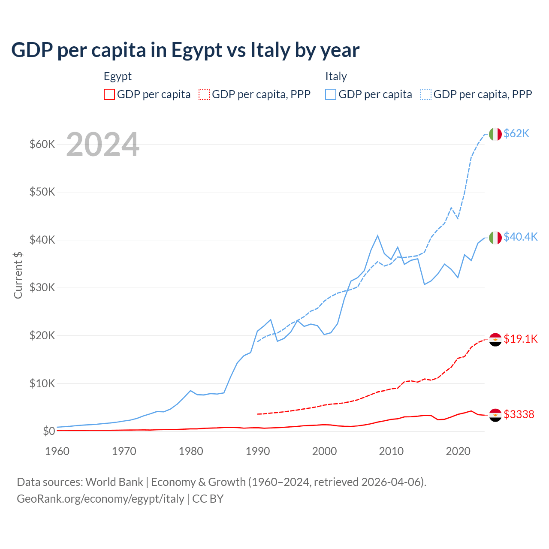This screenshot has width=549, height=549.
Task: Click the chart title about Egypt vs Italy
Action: coord(185,50)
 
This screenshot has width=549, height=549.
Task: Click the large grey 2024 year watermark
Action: coord(103,145)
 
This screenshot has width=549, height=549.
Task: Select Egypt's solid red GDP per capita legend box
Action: coord(109,94)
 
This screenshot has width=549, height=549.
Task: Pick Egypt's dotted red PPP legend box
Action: coord(204,94)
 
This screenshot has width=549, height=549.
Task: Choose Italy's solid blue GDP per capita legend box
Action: coord(331,94)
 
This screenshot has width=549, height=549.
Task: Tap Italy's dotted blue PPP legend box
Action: coord(426,94)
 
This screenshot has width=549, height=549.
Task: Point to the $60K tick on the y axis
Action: coord(42,144)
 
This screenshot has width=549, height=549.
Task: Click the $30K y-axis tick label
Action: coord(42,287)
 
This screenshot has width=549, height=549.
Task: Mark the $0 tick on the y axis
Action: coord(48,431)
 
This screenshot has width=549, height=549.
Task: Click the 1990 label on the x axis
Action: coord(258,451)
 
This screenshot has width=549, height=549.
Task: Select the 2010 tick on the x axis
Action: coord(391,451)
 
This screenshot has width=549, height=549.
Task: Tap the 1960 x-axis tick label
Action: coord(57,451)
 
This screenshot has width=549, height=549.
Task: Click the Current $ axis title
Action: coord(18,275)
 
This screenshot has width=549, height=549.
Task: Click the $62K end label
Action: coord(516,134)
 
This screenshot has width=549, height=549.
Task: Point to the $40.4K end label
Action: coord(520,237)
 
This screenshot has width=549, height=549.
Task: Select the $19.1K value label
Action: coord(520,339)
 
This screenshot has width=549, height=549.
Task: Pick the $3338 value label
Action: coord(519,414)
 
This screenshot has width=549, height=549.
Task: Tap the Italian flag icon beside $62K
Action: coord(495,134)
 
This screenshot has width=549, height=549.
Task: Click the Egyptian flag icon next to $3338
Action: coord(495,415)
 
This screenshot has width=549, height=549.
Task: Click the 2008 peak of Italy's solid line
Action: coord(377,235)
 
